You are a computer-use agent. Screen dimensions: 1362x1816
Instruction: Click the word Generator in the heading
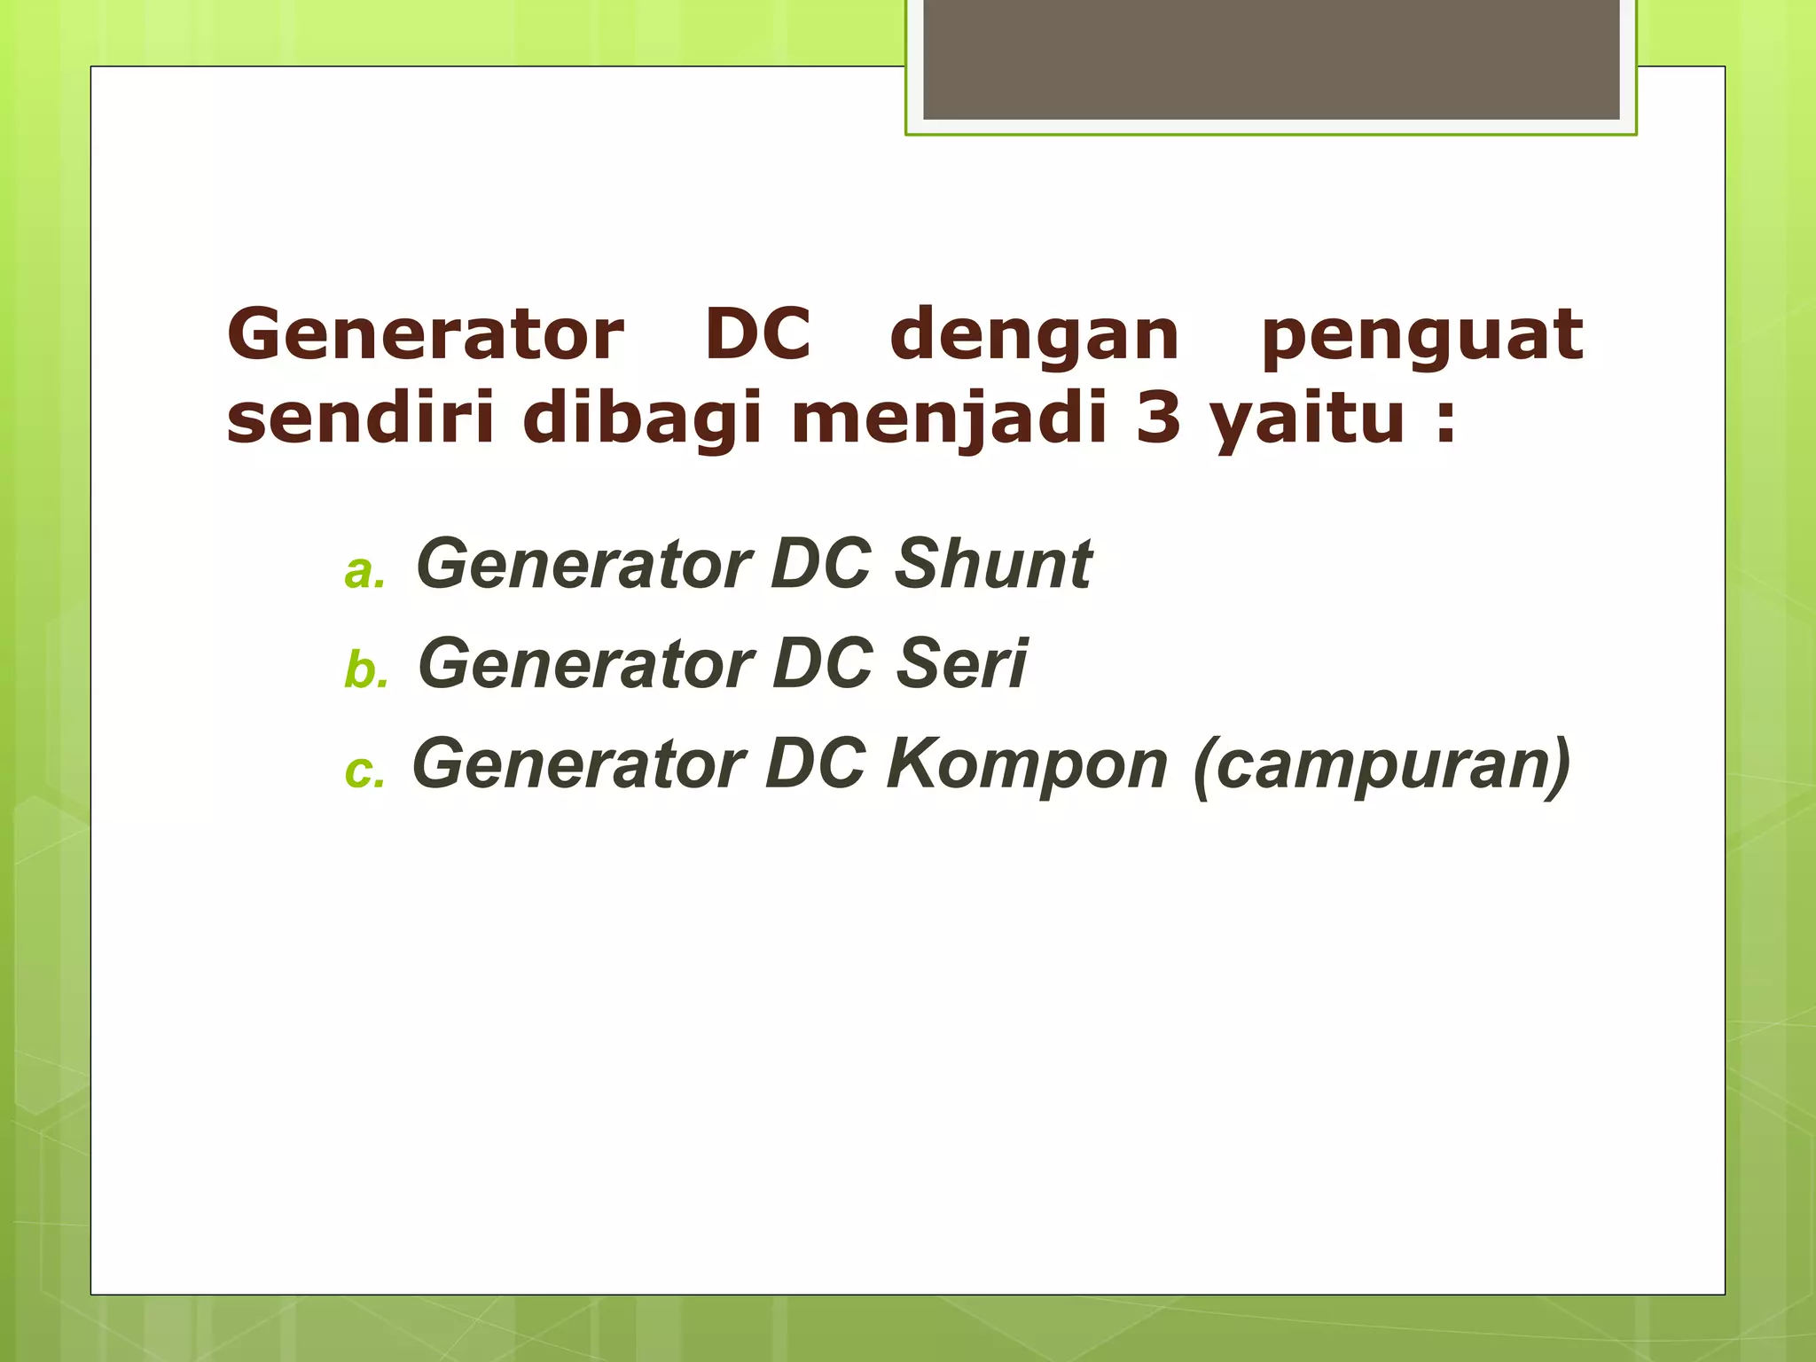coord(426,335)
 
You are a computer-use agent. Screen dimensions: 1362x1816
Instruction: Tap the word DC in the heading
coord(758,335)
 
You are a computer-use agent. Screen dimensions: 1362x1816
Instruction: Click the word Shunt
coord(993,564)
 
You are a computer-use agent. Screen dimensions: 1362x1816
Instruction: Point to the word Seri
coord(961,663)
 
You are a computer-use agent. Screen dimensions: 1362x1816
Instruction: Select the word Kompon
coord(1027,764)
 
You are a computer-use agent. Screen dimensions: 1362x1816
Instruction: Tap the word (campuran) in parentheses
coord(1382,764)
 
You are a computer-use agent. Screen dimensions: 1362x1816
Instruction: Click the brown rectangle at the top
coord(1271,59)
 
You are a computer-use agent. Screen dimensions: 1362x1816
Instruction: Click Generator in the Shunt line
coord(584,564)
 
